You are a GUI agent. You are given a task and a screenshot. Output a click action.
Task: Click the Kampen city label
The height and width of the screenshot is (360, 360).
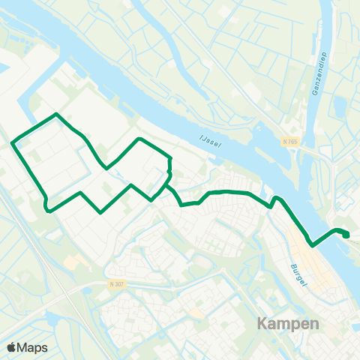click(x=289, y=324)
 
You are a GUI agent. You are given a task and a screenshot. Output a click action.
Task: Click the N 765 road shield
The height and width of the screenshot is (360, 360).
click(x=291, y=141)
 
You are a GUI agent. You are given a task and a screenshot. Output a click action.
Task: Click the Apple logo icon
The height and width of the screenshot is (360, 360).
click(x=11, y=347)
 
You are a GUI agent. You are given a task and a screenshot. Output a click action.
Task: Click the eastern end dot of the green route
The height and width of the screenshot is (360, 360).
click(x=346, y=235)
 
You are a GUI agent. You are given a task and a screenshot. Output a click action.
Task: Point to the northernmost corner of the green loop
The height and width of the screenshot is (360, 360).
click(x=56, y=114)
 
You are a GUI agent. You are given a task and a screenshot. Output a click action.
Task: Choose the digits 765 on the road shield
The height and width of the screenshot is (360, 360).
click(x=294, y=141)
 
